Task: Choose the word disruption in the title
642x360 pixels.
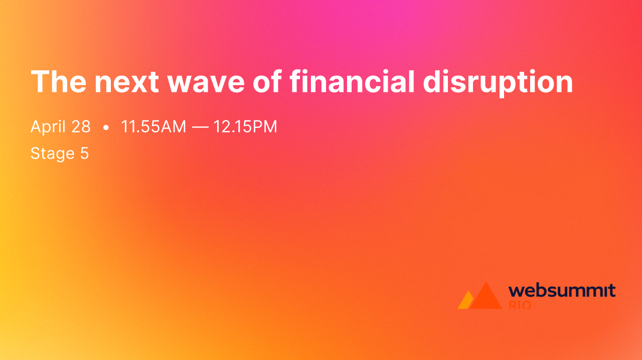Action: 498,82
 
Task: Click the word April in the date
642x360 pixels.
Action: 47,127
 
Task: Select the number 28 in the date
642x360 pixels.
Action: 81,127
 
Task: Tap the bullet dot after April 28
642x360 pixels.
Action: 105,128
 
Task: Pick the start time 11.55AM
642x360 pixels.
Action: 153,127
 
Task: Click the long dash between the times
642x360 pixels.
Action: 200,127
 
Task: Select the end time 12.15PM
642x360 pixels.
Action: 245,127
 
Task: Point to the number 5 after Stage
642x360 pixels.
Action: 84,153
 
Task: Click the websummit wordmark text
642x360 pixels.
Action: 562,290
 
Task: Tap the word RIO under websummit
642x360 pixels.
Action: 520,304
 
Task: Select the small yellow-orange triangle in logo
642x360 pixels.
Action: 464,302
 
